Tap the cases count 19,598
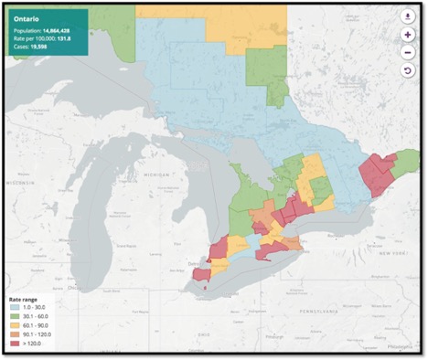(x=39, y=47)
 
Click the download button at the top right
(x=408, y=16)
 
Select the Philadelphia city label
(x=397, y=347)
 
